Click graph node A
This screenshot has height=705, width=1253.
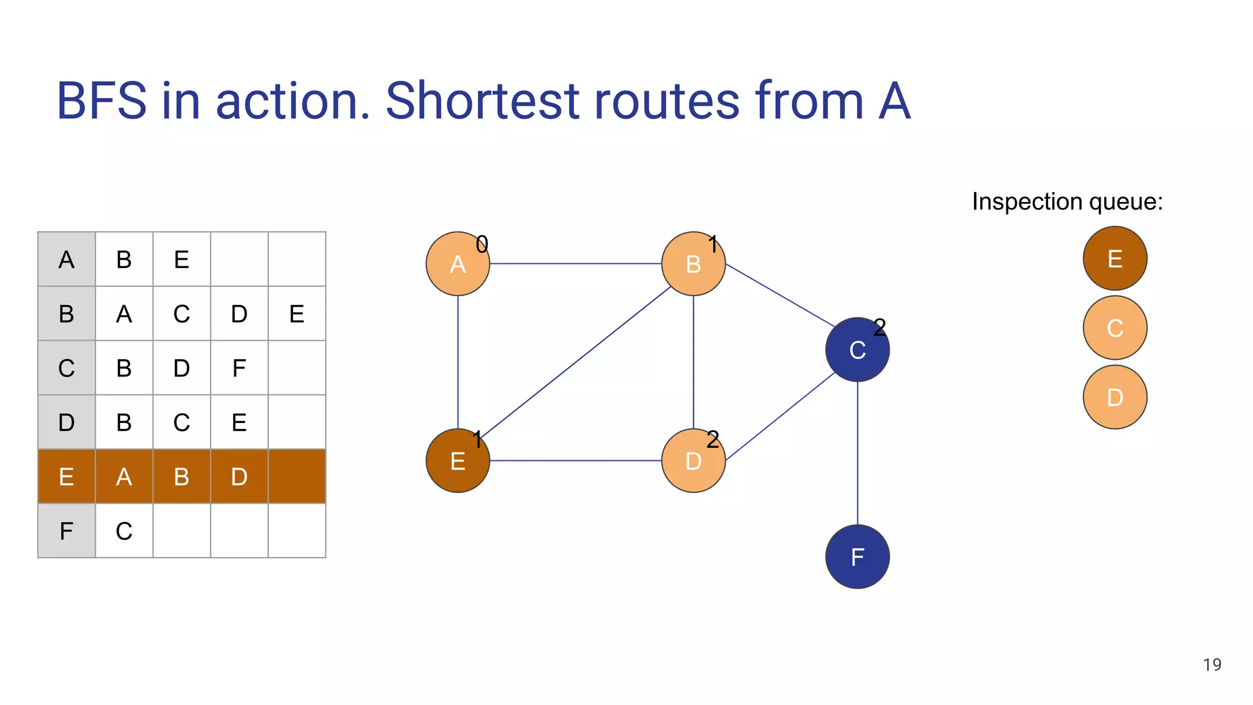pyautogui.click(x=458, y=264)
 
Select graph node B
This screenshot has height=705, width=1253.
pyautogui.click(x=693, y=264)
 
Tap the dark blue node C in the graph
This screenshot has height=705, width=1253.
pyautogui.click(x=857, y=350)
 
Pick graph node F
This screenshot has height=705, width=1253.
pyautogui.click(x=857, y=557)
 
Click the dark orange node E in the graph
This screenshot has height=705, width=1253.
pyautogui.click(x=458, y=461)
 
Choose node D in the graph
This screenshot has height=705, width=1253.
pyautogui.click(x=693, y=461)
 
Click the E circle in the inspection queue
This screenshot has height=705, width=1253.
pyautogui.click(x=1115, y=258)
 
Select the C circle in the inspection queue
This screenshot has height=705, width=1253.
pyautogui.click(x=1115, y=328)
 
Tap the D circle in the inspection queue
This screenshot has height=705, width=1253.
pyautogui.click(x=1115, y=397)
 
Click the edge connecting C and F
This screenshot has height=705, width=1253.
pyautogui.click(x=857, y=453)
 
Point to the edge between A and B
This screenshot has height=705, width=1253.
pyautogui.click(x=575, y=264)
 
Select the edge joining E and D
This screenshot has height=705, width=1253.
pyautogui.click(x=575, y=460)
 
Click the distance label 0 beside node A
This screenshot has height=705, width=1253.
pyautogui.click(x=482, y=245)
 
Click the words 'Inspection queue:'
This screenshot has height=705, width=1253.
pyautogui.click(x=1067, y=201)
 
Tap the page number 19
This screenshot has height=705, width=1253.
pyautogui.click(x=1211, y=665)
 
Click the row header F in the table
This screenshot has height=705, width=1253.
pyautogui.click(x=66, y=531)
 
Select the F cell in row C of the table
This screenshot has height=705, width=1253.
pyautogui.click(x=239, y=368)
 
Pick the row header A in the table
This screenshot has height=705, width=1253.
pyautogui.click(x=66, y=259)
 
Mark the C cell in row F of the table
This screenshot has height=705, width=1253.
pyautogui.click(x=124, y=531)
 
